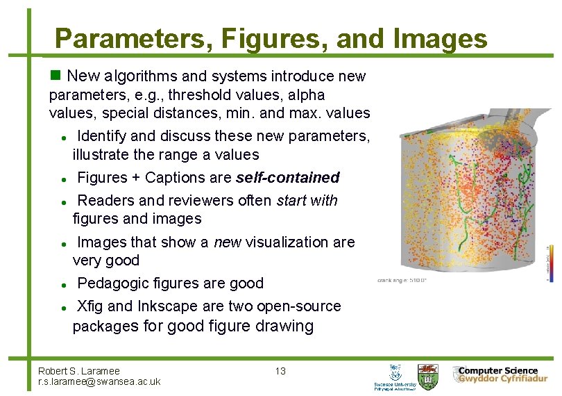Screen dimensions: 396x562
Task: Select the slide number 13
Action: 280,371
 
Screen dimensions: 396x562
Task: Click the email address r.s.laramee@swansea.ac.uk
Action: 99,381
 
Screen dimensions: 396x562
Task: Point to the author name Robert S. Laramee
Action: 79,371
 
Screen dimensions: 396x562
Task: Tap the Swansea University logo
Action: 395,377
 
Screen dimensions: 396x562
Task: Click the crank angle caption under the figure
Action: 402,281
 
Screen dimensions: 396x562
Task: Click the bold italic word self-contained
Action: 287,178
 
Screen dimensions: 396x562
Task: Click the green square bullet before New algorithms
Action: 56,75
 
